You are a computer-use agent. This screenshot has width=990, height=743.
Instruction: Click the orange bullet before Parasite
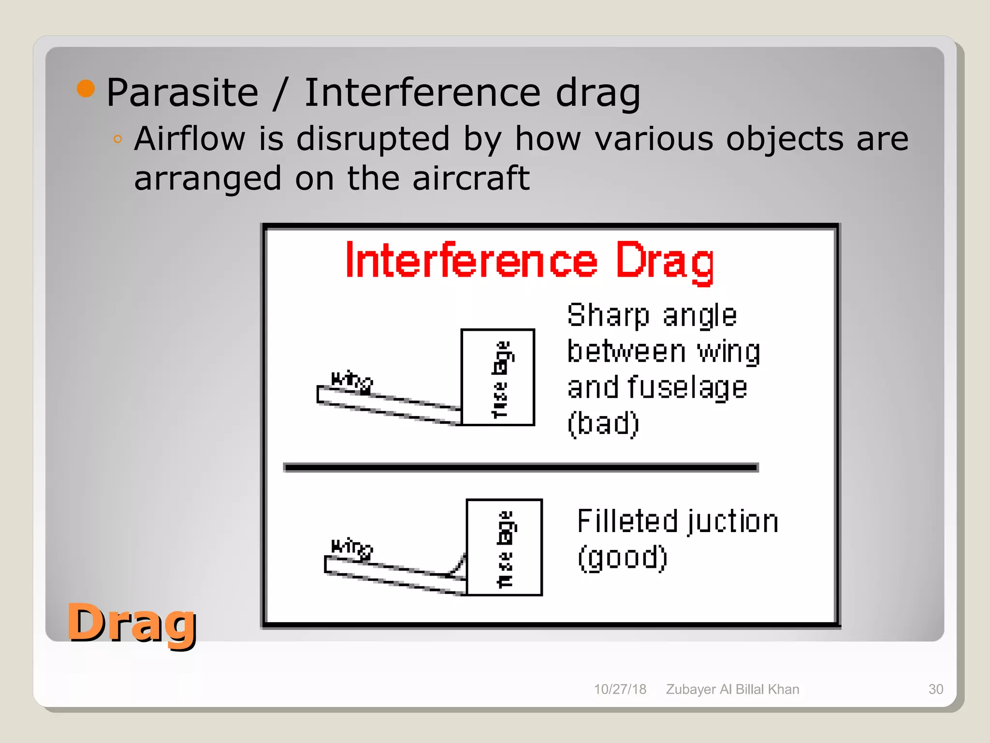coord(86,88)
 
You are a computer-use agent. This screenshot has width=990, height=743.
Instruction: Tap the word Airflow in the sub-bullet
coord(190,139)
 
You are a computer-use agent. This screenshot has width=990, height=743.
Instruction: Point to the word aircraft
coord(471,178)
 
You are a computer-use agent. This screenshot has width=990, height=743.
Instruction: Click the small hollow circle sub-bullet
coord(117,140)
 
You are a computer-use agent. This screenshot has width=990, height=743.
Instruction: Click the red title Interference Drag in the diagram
coord(529,262)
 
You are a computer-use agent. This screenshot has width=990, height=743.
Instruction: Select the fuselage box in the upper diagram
coord(497,377)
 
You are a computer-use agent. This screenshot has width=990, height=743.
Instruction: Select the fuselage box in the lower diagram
coord(504,547)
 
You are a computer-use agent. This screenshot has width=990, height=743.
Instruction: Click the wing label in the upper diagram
coord(351,381)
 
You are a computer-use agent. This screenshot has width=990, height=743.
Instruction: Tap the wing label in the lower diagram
coord(351,548)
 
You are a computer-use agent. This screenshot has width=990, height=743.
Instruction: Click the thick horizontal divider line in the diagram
coord(521,467)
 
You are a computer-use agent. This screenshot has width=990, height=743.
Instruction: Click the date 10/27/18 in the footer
coord(620,689)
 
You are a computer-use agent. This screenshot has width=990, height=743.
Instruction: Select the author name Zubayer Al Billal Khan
coord(732,689)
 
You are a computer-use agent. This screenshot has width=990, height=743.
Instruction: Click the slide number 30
coord(935,689)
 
